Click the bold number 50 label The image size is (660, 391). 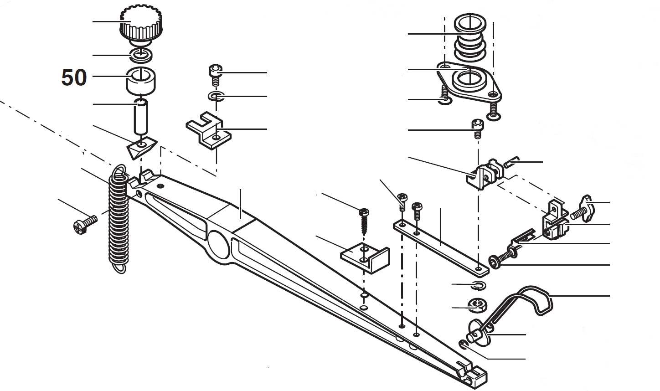coord(74,78)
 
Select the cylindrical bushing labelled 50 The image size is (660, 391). coord(141,81)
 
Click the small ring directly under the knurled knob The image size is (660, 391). coord(141,55)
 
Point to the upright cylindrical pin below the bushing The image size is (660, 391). coord(141,117)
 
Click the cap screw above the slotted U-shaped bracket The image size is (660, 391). coord(215,73)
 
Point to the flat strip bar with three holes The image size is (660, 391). coord(440,246)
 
